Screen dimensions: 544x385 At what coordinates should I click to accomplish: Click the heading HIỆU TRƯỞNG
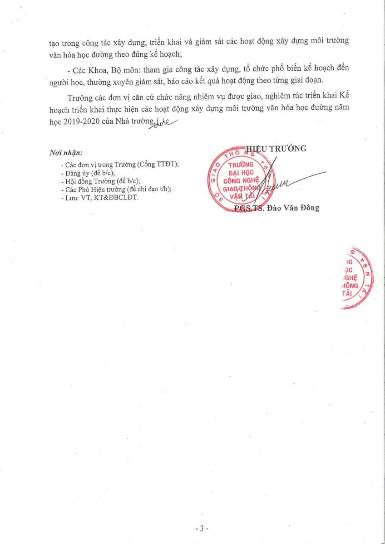276,148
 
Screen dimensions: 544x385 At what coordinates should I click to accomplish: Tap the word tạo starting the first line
55,41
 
